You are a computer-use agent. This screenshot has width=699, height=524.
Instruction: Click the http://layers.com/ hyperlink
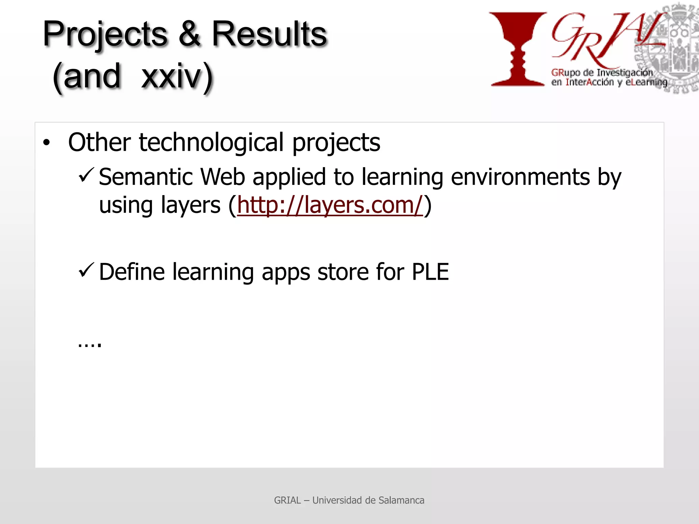(x=330, y=205)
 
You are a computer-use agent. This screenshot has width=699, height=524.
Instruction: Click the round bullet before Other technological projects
(x=46, y=143)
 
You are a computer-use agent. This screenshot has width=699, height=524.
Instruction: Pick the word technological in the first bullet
(x=211, y=143)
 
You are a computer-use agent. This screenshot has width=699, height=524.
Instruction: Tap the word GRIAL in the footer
(x=287, y=500)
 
